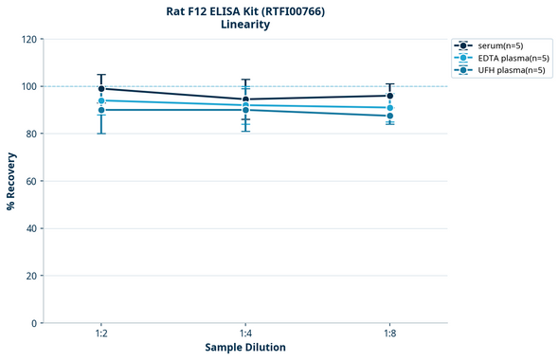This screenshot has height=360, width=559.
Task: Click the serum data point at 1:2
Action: [101, 89]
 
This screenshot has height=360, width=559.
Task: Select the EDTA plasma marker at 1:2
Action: [101, 100]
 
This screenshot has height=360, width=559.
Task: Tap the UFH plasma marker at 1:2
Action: [101, 110]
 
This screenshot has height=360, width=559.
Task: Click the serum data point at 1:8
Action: [390, 96]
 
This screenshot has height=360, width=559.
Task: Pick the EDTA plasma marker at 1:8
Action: [390, 108]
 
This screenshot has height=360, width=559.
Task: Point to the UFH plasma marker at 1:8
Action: [390, 117]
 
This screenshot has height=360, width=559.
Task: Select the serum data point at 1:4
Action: [245, 99]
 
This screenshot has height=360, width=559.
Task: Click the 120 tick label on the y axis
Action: [28, 40]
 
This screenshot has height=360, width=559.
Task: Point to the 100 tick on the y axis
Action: [28, 87]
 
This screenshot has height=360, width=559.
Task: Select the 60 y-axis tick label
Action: [31, 181]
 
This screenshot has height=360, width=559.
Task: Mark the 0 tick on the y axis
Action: [34, 323]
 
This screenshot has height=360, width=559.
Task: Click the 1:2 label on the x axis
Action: [101, 334]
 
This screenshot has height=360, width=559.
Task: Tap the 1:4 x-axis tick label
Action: [245, 334]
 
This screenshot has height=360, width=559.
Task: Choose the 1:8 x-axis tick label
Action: [390, 334]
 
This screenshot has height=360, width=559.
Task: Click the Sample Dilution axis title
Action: [245, 348]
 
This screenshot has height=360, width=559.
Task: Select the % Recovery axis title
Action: [11, 181]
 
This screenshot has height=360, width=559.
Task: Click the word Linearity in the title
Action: [245, 25]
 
